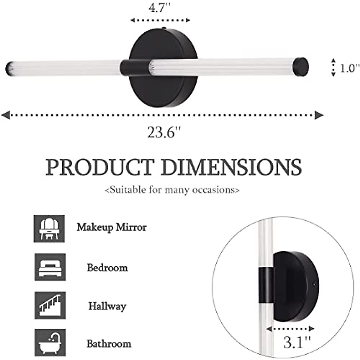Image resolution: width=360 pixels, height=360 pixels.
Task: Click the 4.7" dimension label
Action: click(160, 8)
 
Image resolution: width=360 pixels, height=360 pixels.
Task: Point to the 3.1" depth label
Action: click(297, 342)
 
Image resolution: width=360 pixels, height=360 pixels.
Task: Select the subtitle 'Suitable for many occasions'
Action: click(172, 190)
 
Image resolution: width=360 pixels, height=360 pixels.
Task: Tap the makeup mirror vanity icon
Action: click(49, 229)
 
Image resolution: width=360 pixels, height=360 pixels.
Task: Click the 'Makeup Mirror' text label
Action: click(112, 227)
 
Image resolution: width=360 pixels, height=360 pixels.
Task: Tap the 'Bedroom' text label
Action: click(107, 267)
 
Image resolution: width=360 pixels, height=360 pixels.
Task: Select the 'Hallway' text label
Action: click(107, 306)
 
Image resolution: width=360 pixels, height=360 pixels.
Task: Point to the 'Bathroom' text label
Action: click(109, 343)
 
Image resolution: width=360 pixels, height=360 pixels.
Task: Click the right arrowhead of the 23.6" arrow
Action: click(319, 115)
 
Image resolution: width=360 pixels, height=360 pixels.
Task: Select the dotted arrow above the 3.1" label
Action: click(290, 329)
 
